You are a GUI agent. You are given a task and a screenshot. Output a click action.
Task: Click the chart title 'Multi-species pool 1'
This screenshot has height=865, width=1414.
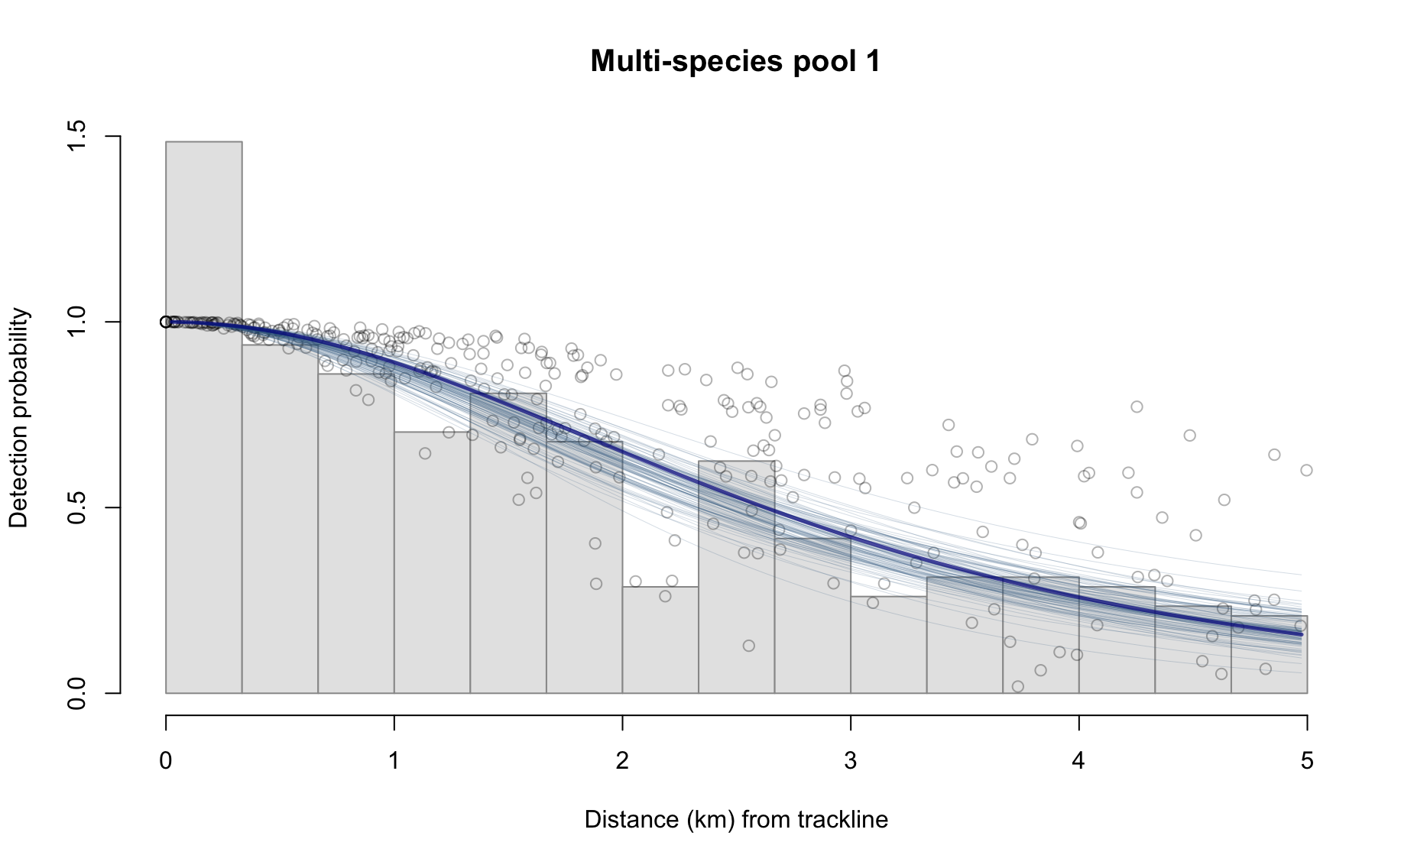point(735,61)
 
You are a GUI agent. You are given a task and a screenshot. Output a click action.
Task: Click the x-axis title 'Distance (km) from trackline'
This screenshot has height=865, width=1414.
point(736,820)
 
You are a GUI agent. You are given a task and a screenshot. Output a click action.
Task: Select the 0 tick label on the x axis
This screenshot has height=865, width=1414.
point(166,761)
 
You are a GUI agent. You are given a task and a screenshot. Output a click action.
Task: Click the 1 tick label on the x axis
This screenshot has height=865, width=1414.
point(394,761)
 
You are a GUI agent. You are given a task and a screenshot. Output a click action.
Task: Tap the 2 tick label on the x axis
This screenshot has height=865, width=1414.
point(622,761)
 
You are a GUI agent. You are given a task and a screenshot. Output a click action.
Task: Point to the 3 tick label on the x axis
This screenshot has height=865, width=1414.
point(850,761)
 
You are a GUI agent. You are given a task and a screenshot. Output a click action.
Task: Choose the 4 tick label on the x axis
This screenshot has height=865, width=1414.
point(1078,761)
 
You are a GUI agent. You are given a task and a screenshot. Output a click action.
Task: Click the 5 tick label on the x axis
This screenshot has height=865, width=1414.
point(1306,761)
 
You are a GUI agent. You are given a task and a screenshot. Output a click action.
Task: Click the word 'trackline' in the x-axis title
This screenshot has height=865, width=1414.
point(843,820)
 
